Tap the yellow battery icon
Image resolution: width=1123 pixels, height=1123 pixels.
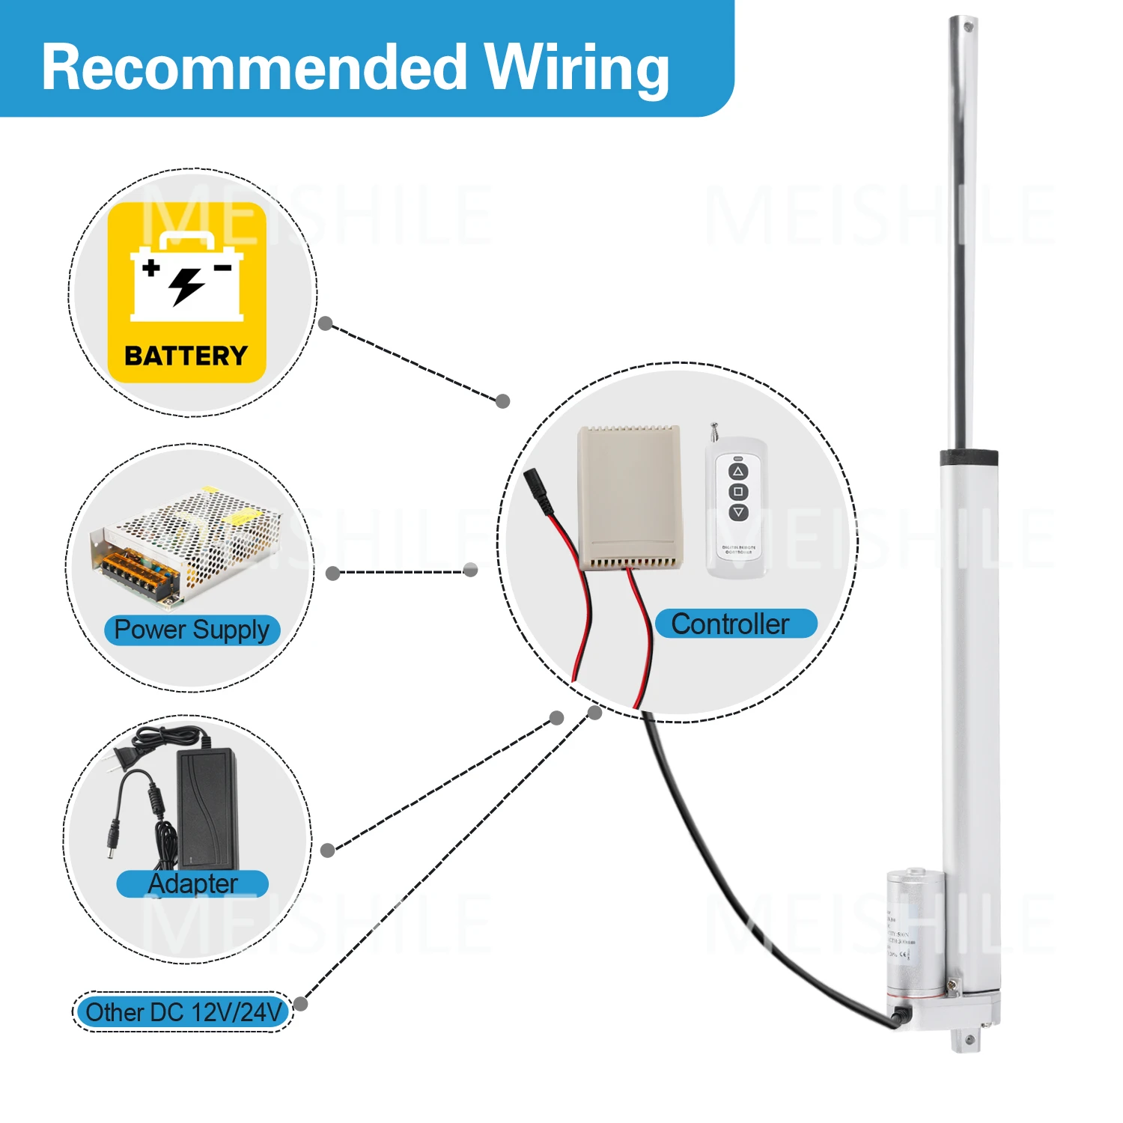pos(187,292)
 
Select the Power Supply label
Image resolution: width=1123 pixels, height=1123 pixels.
pos(192,630)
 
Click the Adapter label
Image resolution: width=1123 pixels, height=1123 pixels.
pos(192,883)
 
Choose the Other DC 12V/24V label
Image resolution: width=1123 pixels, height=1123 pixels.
pos(183,1012)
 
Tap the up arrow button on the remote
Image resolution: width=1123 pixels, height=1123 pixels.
pos(738,471)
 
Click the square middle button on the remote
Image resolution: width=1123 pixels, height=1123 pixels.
pos(738,492)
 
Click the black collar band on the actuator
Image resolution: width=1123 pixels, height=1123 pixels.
pos(969,457)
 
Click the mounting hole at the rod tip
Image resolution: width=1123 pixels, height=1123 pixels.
pos(968,27)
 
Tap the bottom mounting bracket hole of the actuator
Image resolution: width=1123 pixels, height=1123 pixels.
pos(969,1040)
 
